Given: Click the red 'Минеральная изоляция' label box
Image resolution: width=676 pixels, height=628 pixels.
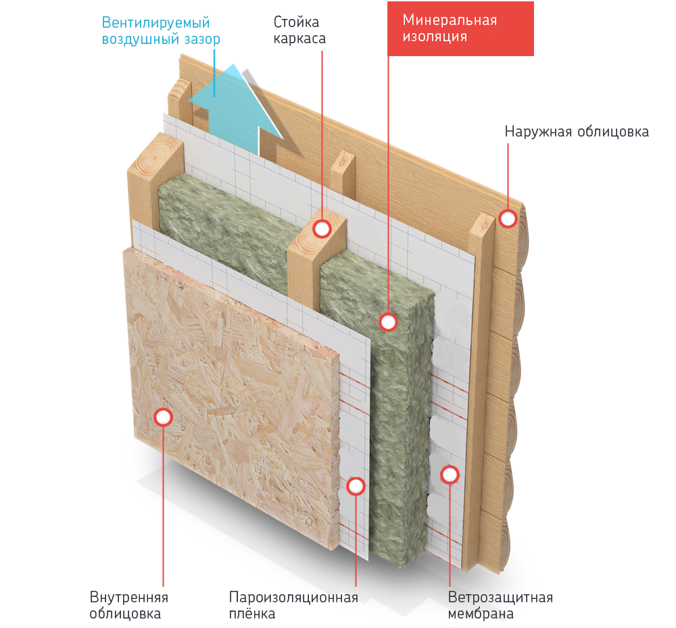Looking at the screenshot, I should (460, 28).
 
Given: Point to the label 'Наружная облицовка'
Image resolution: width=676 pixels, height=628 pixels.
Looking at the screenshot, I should (577, 131).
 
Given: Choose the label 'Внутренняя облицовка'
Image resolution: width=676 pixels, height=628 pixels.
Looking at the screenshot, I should (129, 606).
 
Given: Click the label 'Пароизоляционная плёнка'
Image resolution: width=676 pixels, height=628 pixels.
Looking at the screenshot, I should (293, 606).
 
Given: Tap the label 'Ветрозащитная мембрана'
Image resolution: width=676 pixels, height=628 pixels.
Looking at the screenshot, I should (500, 606).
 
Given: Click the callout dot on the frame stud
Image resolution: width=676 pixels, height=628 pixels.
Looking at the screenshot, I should (322, 229).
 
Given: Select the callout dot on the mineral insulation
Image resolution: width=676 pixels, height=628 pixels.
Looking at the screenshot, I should (388, 322).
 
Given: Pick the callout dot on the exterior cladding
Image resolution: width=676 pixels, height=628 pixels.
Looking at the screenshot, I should (508, 218).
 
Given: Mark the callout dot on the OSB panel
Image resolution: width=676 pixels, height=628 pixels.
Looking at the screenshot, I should (163, 417).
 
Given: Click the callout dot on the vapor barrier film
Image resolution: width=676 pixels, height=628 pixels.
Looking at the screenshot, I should (356, 485).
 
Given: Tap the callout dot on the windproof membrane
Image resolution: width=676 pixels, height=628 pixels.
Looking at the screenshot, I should (450, 475).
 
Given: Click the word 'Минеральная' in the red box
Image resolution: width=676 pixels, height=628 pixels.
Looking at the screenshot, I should (450, 20).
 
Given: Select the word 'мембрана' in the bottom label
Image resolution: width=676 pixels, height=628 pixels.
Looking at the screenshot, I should (481, 614).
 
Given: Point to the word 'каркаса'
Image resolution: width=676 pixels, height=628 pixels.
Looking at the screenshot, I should (299, 39).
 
